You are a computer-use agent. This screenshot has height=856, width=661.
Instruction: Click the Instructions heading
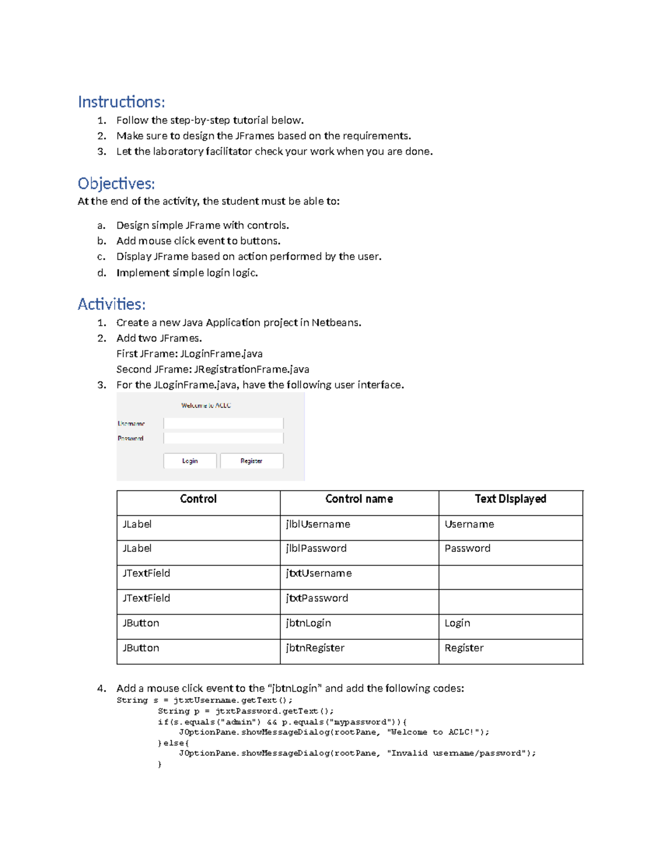[121, 102]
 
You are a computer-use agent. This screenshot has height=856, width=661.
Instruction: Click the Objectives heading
[116, 184]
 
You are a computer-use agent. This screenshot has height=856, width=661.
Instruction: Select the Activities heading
[111, 304]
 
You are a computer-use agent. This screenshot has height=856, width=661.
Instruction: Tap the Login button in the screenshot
[190, 461]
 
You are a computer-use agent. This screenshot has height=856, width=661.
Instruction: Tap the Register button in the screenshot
[252, 461]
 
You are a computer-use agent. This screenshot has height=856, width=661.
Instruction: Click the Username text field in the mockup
[223, 423]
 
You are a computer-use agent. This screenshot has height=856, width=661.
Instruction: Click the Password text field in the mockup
[223, 438]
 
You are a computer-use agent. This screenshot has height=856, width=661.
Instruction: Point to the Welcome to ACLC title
[206, 406]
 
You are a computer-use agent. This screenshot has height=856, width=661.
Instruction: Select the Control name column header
[359, 499]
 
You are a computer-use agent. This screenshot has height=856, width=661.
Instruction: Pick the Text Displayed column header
[511, 499]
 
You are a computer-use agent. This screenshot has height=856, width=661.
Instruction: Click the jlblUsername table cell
[318, 524]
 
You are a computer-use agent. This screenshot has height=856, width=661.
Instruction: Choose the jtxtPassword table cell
[317, 598]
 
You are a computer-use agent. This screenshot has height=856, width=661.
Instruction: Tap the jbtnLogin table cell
[308, 623]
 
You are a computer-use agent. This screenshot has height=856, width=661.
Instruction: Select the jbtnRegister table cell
[315, 648]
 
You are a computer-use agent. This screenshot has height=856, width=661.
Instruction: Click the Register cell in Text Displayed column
[464, 648]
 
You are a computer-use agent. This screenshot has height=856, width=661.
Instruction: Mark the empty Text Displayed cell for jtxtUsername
[511, 577]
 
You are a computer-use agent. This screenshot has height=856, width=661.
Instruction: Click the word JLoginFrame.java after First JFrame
[221, 354]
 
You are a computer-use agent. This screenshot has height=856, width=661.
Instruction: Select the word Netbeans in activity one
[335, 323]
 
